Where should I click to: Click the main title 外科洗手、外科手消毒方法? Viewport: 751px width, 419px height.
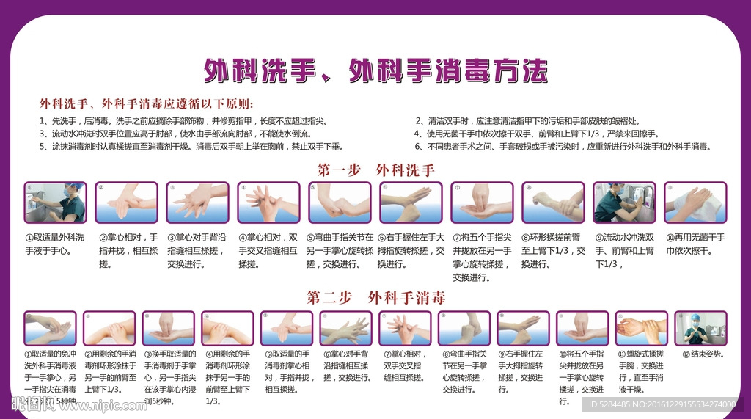[x=375, y=71]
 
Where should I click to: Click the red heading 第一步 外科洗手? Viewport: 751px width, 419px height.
[x=375, y=170]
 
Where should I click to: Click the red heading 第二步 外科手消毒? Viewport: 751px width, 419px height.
[x=375, y=297]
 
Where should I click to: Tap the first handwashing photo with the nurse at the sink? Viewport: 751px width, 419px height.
[x=55, y=203]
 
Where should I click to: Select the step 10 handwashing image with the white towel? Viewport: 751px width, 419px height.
[x=695, y=203]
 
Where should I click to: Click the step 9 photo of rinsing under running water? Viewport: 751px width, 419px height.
[x=623, y=203]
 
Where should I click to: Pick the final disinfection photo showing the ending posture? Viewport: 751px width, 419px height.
[x=700, y=329]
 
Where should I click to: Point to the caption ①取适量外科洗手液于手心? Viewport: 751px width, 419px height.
[x=55, y=244]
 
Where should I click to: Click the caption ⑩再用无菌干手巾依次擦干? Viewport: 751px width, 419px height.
[x=695, y=244]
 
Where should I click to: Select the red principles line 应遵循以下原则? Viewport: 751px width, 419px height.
[x=146, y=103]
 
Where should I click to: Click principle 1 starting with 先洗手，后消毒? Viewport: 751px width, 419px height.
[x=183, y=121]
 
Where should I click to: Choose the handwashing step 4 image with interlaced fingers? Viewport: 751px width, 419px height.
[x=268, y=203]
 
